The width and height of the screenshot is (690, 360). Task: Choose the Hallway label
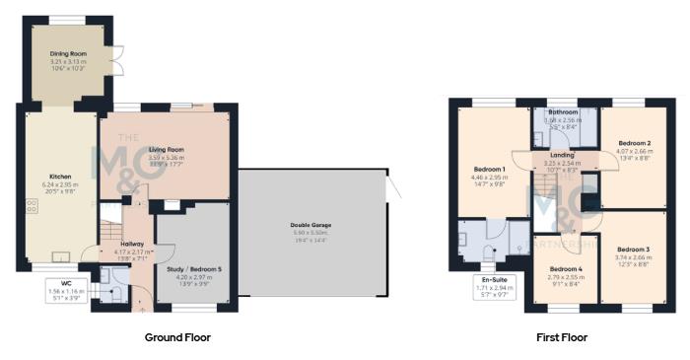[x=132, y=244]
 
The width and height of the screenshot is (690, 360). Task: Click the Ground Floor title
[x=177, y=337]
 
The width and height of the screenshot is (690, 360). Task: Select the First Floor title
[x=562, y=337]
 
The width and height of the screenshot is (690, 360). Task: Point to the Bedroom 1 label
[x=490, y=170]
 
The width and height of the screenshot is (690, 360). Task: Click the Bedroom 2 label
[x=636, y=144]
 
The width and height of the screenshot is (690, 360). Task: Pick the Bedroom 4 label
[x=566, y=269]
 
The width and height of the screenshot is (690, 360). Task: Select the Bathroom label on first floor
[x=564, y=112]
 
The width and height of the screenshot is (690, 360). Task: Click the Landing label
[x=564, y=155]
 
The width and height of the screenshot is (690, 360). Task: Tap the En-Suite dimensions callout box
[x=493, y=287]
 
